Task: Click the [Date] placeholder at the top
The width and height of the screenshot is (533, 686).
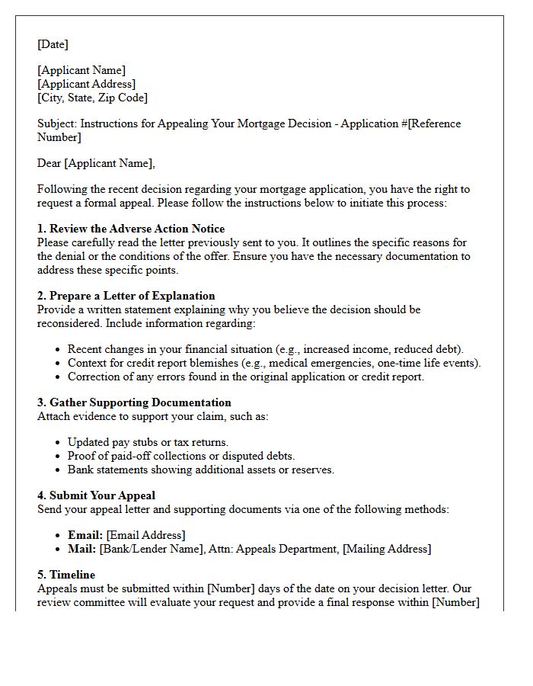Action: tap(53, 44)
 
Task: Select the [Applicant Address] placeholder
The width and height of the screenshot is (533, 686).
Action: tap(87, 84)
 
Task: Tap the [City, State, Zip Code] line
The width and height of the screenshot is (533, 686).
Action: tap(92, 98)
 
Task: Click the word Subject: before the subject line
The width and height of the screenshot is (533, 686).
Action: tap(57, 123)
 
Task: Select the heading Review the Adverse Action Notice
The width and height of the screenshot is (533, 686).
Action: tap(137, 229)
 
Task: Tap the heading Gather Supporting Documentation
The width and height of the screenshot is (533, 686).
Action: tap(140, 402)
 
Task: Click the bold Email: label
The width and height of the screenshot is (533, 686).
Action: tap(85, 535)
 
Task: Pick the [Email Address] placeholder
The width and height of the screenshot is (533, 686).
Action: tap(145, 535)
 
